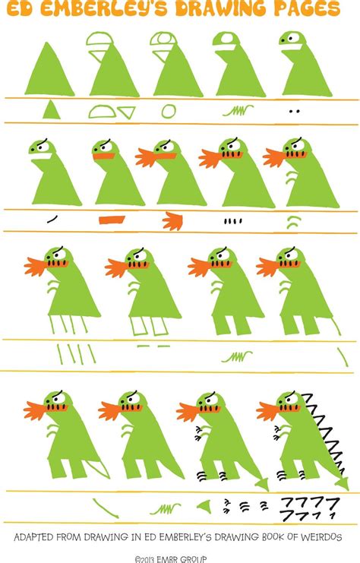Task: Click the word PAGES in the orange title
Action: coord(307,8)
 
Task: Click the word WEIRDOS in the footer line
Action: coord(321,537)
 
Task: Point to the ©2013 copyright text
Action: coord(170,559)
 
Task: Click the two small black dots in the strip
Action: coord(295,111)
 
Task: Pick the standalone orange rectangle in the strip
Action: coord(112,220)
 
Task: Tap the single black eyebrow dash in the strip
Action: coord(52,219)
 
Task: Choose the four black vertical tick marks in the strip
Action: coord(232,221)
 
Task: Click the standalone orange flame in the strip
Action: coord(173,221)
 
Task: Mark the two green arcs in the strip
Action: coord(294,223)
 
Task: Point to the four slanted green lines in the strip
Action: coord(77,354)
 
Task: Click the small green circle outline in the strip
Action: coord(169,111)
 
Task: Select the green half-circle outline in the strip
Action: coord(103,112)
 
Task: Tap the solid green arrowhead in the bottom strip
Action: coord(204,507)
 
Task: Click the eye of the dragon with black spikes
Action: coord(292,400)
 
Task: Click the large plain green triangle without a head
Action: coord(49,71)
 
